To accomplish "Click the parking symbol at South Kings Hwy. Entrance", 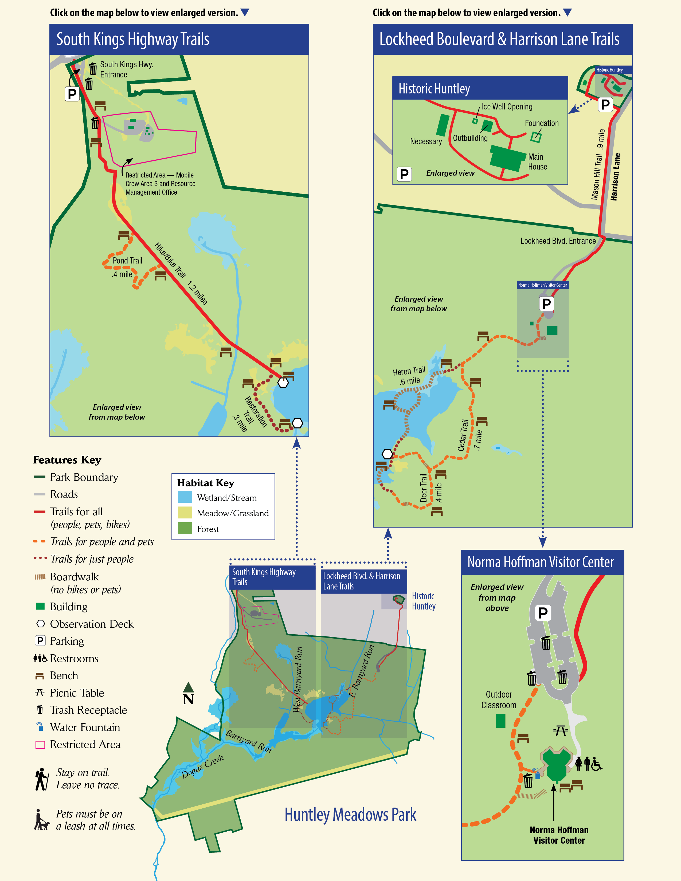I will pyautogui.click(x=72, y=94).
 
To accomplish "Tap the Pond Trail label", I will pyautogui.click(x=127, y=261).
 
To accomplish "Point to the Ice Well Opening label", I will pyautogui.click(x=507, y=107).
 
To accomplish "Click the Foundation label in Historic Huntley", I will pyautogui.click(x=541, y=123).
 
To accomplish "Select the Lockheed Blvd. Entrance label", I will pyautogui.click(x=558, y=241).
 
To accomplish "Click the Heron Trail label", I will pyautogui.click(x=409, y=371).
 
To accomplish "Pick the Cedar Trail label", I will pyautogui.click(x=463, y=435).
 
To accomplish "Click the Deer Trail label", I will pyautogui.click(x=423, y=488).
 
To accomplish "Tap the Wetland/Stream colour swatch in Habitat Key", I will pyautogui.click(x=185, y=497).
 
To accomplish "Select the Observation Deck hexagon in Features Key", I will pyautogui.click(x=40, y=624).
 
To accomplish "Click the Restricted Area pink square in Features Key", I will pyautogui.click(x=40, y=745).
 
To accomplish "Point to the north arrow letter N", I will pyautogui.click(x=188, y=699).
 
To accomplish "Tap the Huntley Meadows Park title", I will pyautogui.click(x=350, y=815).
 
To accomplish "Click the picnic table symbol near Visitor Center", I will pyautogui.click(x=560, y=730).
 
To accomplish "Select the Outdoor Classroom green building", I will pyautogui.click(x=500, y=721).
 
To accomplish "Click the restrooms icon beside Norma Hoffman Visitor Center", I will pyautogui.click(x=588, y=764).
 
